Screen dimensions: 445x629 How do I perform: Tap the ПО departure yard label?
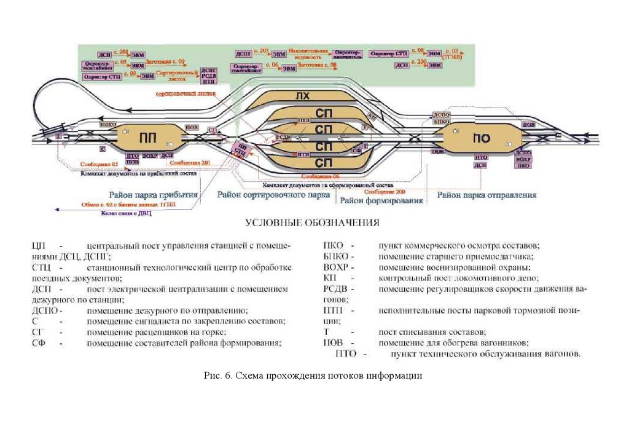(x=481, y=138)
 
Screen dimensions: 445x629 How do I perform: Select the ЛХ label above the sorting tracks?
(x=302, y=96)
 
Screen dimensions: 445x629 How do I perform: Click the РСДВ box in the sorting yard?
(x=284, y=137)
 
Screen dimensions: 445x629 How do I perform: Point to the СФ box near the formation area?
(x=356, y=149)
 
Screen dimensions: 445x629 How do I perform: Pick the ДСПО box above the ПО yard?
(x=442, y=114)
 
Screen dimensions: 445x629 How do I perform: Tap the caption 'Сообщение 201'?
(x=190, y=162)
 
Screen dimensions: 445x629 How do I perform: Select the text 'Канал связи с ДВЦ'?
(x=126, y=213)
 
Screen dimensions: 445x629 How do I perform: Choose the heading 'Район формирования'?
(x=381, y=201)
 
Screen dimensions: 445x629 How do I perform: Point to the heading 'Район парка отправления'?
(x=486, y=195)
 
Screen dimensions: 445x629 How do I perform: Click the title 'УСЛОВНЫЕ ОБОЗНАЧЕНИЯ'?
(x=312, y=222)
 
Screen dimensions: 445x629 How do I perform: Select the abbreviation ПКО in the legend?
(x=334, y=245)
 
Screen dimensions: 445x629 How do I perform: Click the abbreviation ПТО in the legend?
(x=346, y=354)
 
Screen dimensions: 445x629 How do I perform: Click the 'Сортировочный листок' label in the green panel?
(x=172, y=75)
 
